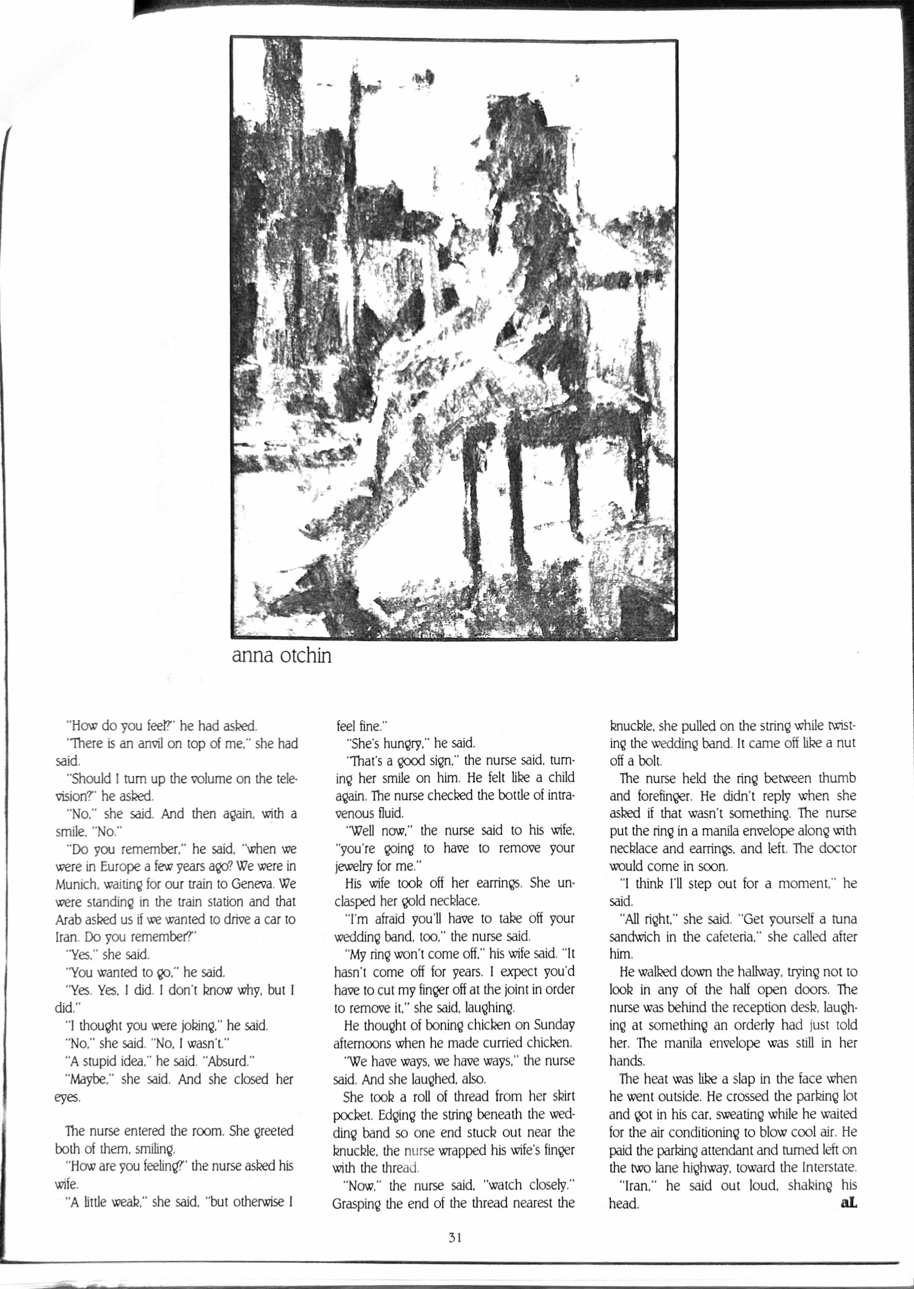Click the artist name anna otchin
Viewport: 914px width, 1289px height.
282,656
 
